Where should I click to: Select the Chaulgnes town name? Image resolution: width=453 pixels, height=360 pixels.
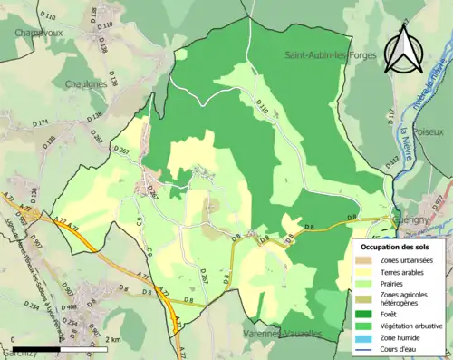pos(86,83)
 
